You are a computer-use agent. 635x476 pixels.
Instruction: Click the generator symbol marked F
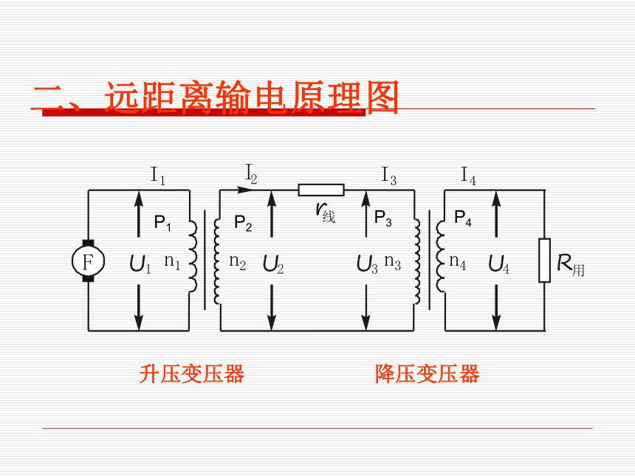click(89, 261)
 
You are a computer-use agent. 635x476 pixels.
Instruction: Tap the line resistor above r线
click(321, 190)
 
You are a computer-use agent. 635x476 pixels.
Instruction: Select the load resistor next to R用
click(544, 261)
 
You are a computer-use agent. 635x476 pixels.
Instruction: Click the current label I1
click(158, 176)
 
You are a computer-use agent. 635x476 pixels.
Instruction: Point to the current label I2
click(251, 173)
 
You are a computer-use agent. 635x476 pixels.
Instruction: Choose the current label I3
click(389, 176)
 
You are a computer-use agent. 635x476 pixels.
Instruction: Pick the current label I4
click(468, 176)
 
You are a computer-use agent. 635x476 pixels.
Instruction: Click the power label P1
click(162, 223)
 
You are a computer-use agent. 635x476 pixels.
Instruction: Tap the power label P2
click(243, 223)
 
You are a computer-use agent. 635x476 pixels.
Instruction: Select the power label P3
click(383, 218)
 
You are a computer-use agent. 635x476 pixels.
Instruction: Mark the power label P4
click(463, 218)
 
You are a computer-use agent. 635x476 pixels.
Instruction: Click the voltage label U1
click(140, 263)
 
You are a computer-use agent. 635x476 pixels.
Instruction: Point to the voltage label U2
click(273, 264)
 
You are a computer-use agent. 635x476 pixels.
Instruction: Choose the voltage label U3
click(367, 264)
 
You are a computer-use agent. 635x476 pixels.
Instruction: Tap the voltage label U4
click(499, 264)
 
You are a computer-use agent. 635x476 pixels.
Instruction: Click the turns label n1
click(172, 261)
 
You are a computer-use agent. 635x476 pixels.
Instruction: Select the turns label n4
click(458, 261)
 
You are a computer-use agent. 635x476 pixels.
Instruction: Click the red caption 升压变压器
click(192, 373)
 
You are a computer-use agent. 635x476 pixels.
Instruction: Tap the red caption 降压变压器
click(428, 373)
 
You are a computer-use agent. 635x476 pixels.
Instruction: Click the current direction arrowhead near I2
click(244, 190)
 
